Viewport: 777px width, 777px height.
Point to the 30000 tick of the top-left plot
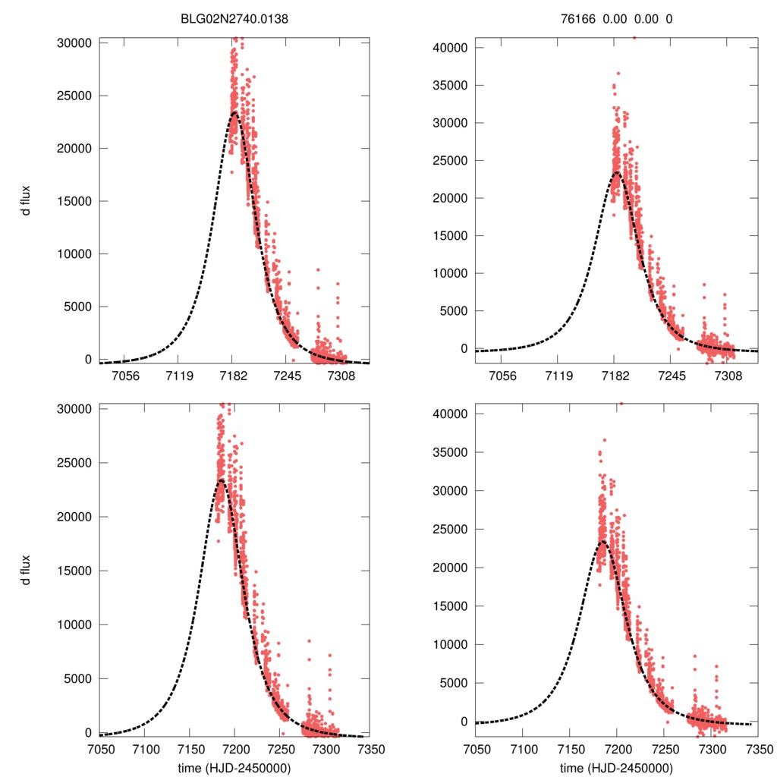(74, 43)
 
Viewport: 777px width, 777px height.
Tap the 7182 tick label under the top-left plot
(234, 376)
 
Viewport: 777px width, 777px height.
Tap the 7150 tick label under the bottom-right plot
(570, 749)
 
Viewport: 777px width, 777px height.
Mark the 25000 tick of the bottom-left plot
(74, 463)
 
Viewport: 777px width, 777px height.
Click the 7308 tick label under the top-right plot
(728, 376)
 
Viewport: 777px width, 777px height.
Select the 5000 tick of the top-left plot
(77, 307)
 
